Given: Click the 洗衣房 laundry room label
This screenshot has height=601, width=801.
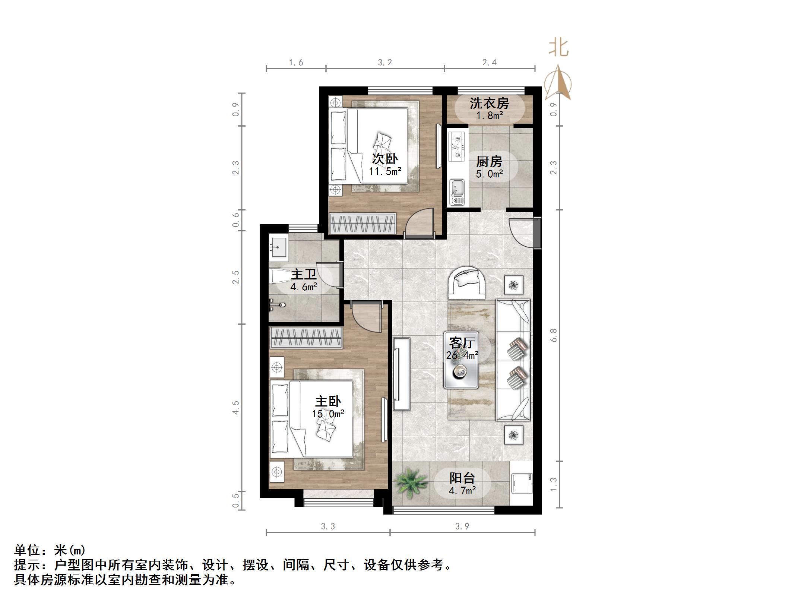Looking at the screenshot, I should (x=489, y=103).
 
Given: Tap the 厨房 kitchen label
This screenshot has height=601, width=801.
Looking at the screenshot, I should (x=489, y=162).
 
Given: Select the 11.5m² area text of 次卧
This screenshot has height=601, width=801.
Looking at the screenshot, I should (x=385, y=171).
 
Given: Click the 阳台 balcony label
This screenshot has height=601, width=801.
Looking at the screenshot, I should (x=462, y=478).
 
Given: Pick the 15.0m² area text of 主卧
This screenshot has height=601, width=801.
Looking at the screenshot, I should (x=328, y=414).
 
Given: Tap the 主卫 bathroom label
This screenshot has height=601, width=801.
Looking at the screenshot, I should (x=304, y=275).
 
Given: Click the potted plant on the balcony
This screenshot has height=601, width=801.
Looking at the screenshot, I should (x=411, y=483).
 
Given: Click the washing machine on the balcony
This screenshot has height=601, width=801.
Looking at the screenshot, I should (x=521, y=484).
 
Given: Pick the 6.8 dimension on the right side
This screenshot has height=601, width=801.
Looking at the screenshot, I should (x=554, y=335).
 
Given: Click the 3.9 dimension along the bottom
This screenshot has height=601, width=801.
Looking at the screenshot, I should (x=462, y=526).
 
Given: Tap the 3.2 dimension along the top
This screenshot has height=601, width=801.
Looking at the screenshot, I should (x=385, y=63).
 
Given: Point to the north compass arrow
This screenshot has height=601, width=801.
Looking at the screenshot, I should (x=558, y=83).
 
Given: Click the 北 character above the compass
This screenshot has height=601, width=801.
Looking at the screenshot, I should (x=558, y=48).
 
